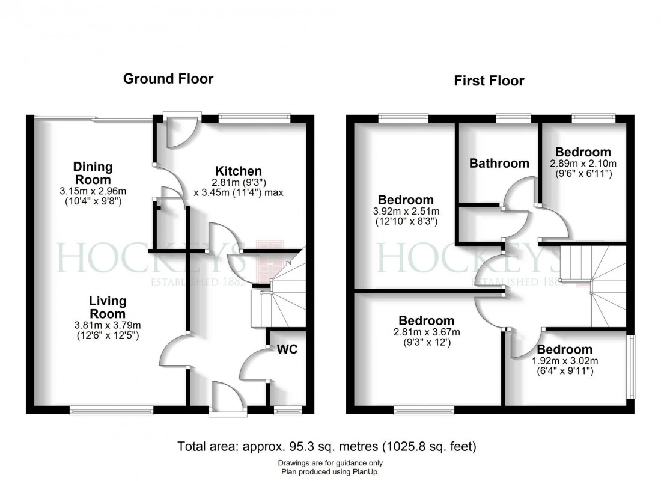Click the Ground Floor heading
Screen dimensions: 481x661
[168, 78]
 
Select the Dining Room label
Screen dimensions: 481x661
[93, 173]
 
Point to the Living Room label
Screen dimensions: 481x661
[108, 307]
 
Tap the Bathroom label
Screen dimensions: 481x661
[499, 163]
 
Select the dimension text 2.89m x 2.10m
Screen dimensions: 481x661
[582, 163]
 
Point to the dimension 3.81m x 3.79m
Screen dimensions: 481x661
[108, 325]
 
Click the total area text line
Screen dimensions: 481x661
[327, 447]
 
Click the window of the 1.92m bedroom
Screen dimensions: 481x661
[630, 366]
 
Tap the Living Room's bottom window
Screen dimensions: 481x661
[111, 411]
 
